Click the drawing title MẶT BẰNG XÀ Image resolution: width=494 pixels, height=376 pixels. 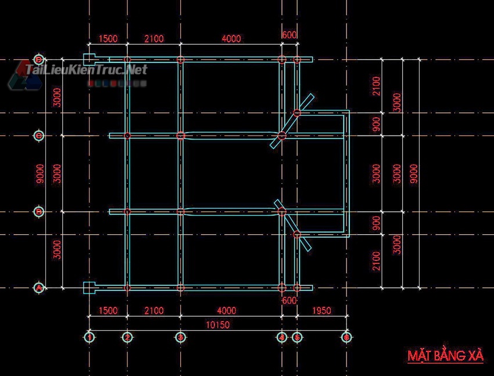coord(445,356)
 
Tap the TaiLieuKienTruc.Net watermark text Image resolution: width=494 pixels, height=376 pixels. coord(86,70)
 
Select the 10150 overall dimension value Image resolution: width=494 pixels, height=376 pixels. coord(218,325)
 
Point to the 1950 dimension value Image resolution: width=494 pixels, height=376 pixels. coord(321,310)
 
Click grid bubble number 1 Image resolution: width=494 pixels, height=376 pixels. coord(90,336)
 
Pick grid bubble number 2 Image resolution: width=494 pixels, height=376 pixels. coord(127,336)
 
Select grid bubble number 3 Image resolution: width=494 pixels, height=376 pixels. coord(181,336)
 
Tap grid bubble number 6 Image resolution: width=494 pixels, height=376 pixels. coord(346,336)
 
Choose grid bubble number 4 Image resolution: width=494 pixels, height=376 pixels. coord(281,336)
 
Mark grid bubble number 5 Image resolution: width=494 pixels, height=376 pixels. coord(296,336)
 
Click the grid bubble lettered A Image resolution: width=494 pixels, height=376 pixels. coord(39,288)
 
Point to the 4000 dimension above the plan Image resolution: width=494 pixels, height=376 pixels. coord(231,39)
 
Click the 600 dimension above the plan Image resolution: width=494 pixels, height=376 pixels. coord(289,35)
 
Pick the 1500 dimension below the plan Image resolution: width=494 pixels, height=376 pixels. coord(108,310)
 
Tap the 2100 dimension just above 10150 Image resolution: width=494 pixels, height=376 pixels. coord(154,310)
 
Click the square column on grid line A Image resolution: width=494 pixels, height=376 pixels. coord(90,287)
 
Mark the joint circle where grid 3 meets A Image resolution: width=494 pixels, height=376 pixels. coord(181,288)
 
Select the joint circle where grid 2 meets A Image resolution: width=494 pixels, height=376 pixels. coord(127,288)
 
